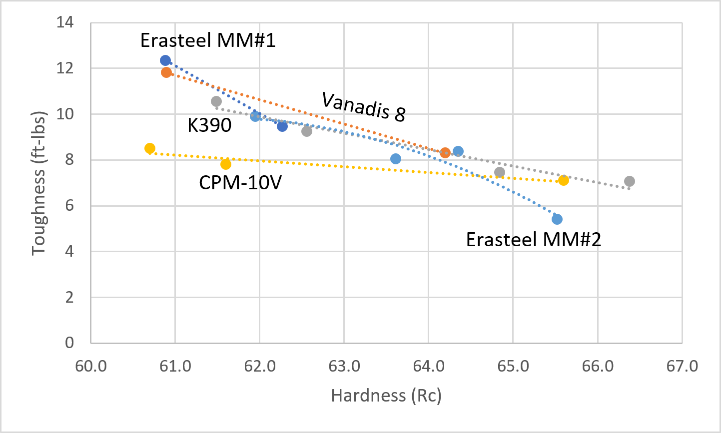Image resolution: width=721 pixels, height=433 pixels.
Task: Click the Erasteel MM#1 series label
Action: [208, 40]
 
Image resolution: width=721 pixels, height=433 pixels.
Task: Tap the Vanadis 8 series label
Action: [363, 106]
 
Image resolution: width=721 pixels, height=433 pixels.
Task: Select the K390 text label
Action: [209, 125]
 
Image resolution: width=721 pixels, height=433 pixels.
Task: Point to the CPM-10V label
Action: [240, 182]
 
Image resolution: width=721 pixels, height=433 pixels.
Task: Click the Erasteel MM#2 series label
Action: [533, 240]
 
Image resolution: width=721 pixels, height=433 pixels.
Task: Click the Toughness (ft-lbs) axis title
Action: [39, 183]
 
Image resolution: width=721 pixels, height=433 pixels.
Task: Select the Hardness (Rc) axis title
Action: [386, 396]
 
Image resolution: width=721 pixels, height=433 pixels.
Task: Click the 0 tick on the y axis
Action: [69, 343]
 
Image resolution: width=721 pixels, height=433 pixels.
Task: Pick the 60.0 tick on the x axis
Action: [90, 366]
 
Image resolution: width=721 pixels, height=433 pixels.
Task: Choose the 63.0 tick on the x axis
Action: [344, 366]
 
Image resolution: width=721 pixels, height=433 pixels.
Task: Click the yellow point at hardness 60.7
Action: [150, 148]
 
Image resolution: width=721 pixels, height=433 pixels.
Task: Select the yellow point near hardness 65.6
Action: [564, 180]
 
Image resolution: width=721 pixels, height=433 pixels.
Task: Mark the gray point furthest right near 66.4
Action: [630, 181]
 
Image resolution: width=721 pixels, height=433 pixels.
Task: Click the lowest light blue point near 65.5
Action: [557, 219]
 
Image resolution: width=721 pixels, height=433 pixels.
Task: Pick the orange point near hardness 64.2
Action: [445, 153]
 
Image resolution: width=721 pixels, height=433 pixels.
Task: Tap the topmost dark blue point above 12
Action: [165, 60]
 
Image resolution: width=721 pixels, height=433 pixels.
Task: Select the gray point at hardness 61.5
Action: [216, 101]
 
